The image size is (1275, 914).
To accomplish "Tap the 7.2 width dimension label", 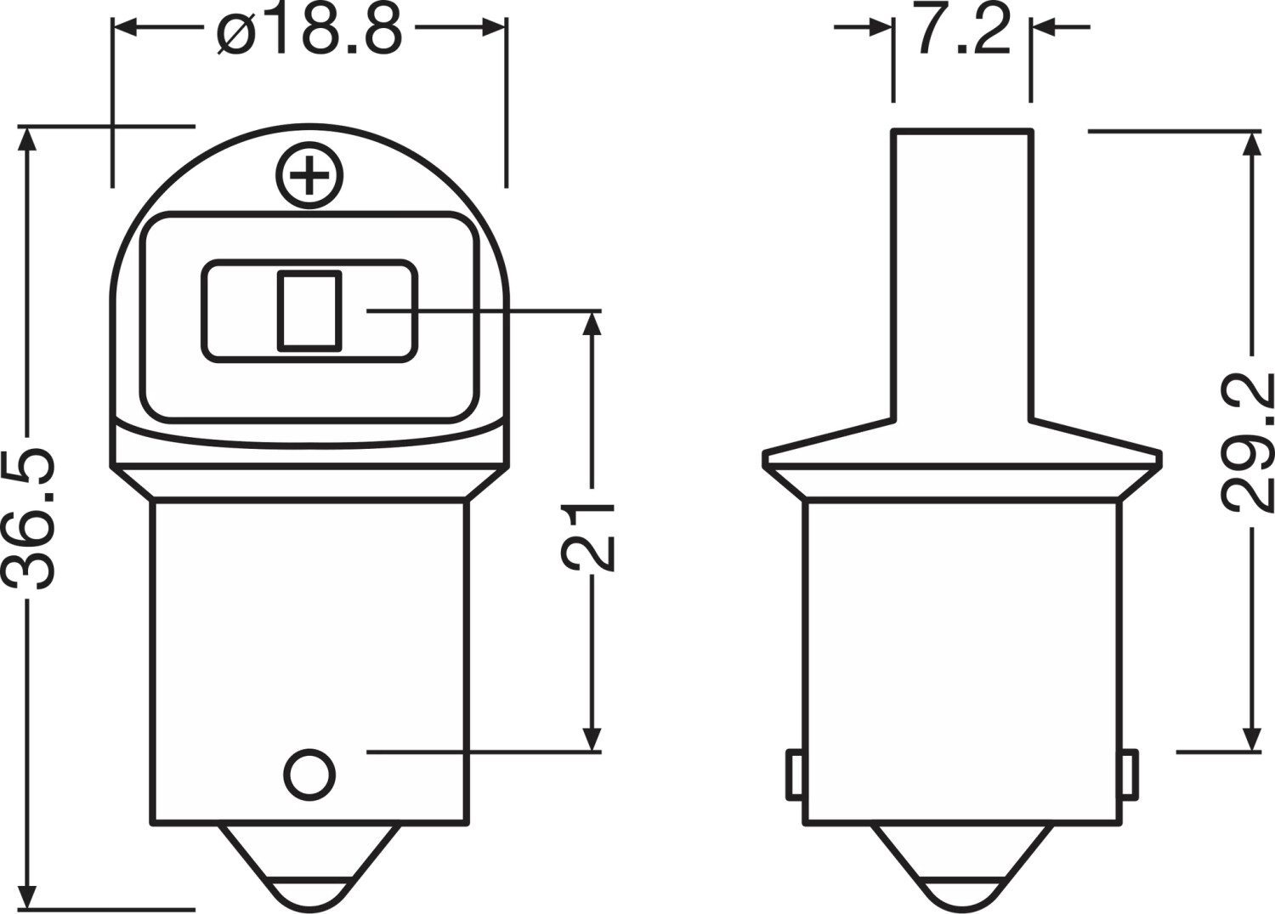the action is click(x=962, y=28).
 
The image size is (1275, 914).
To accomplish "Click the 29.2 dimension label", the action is click(x=1247, y=439).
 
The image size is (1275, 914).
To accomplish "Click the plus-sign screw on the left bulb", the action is click(x=309, y=175).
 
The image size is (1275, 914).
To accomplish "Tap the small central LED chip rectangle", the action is click(x=309, y=311).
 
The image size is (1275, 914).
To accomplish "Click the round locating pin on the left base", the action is click(x=309, y=775).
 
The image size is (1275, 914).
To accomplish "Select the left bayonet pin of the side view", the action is click(x=795, y=775).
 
